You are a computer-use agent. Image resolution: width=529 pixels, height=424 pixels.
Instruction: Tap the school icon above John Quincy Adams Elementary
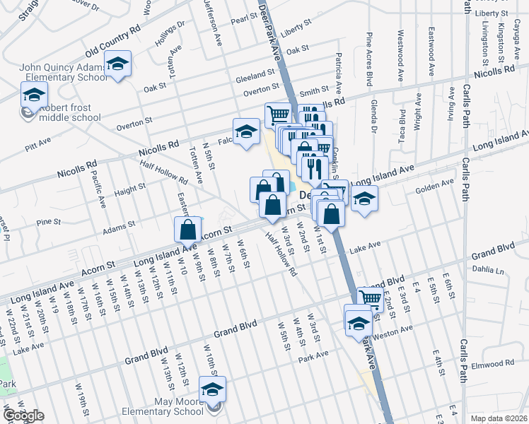click(118, 64)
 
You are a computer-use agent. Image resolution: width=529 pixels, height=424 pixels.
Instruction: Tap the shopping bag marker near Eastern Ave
click(187, 229)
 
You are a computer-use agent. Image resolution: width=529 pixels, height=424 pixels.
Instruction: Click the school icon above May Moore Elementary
click(211, 389)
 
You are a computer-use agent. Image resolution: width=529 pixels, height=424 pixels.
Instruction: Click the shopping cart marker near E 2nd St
click(370, 298)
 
